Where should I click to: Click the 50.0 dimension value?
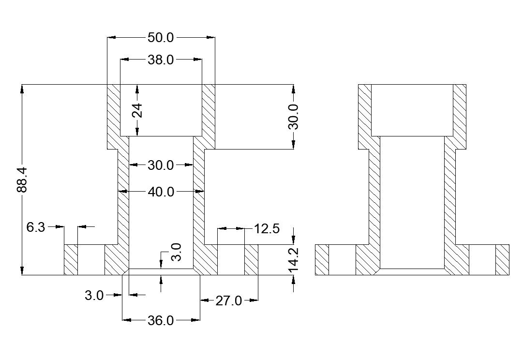161,37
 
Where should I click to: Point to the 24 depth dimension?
137,111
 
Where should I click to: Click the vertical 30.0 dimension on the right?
293,117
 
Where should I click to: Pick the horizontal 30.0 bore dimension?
161,165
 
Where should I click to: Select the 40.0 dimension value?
161,192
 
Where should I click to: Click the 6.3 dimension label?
36,227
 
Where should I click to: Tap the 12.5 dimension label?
267,228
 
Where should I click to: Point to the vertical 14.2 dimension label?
294,259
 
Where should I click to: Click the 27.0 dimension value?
228,300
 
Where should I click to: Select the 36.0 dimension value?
161,320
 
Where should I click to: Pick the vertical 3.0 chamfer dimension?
177,253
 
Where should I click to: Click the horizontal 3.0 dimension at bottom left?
94,295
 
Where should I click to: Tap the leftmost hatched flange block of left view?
71,260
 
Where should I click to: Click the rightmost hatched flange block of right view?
503,260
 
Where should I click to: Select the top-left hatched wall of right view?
365,116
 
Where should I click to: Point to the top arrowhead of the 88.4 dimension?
22,89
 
